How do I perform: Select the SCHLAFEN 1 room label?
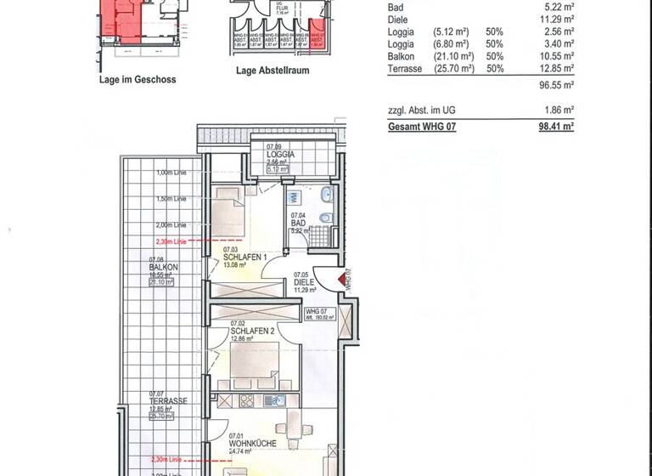pos(245,257)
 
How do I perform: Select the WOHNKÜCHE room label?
pos(251,443)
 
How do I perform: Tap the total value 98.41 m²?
pos(556,126)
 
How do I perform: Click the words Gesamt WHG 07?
pos(416,126)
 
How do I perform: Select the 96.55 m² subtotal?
pos(556,86)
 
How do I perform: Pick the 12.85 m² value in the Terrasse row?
pos(556,68)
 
